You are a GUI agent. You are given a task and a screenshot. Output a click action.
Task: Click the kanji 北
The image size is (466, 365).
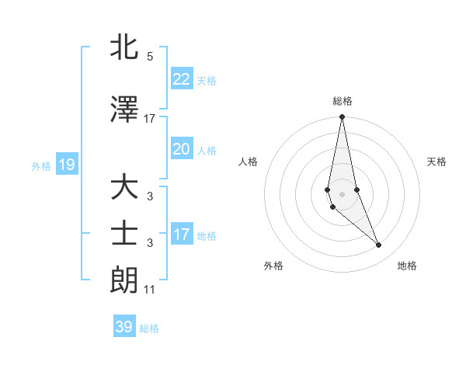click(125, 47)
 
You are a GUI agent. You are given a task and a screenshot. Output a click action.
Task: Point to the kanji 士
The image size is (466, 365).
click(125, 234)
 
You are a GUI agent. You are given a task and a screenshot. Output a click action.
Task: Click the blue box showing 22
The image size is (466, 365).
click(181, 78)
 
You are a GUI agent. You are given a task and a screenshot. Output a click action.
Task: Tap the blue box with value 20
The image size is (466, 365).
click(181, 149)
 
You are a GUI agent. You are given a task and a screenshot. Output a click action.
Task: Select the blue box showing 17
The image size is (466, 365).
click(181, 234)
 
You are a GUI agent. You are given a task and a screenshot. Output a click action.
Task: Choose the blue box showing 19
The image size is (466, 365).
click(66, 164)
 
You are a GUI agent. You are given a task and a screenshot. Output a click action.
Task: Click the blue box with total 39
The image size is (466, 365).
click(123, 327)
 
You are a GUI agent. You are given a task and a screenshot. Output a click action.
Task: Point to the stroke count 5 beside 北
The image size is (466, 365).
click(150, 57)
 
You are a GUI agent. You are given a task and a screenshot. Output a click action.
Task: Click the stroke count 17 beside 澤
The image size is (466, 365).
click(150, 119)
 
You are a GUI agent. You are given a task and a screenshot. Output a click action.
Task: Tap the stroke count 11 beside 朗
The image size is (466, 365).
click(150, 290)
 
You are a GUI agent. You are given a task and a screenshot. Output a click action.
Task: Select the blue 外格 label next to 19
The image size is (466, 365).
click(41, 165)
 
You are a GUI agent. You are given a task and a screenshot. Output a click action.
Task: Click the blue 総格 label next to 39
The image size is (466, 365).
click(149, 328)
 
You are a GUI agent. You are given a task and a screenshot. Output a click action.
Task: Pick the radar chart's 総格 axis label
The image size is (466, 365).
click(343, 101)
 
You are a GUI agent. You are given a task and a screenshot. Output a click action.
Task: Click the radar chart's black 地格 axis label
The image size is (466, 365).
click(407, 266)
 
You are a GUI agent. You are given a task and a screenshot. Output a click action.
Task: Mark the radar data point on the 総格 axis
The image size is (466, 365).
click(343, 117)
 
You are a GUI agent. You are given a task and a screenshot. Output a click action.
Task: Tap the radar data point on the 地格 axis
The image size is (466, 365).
click(379, 245)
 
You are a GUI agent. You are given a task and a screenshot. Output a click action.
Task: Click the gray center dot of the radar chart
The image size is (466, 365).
click(343, 193)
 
